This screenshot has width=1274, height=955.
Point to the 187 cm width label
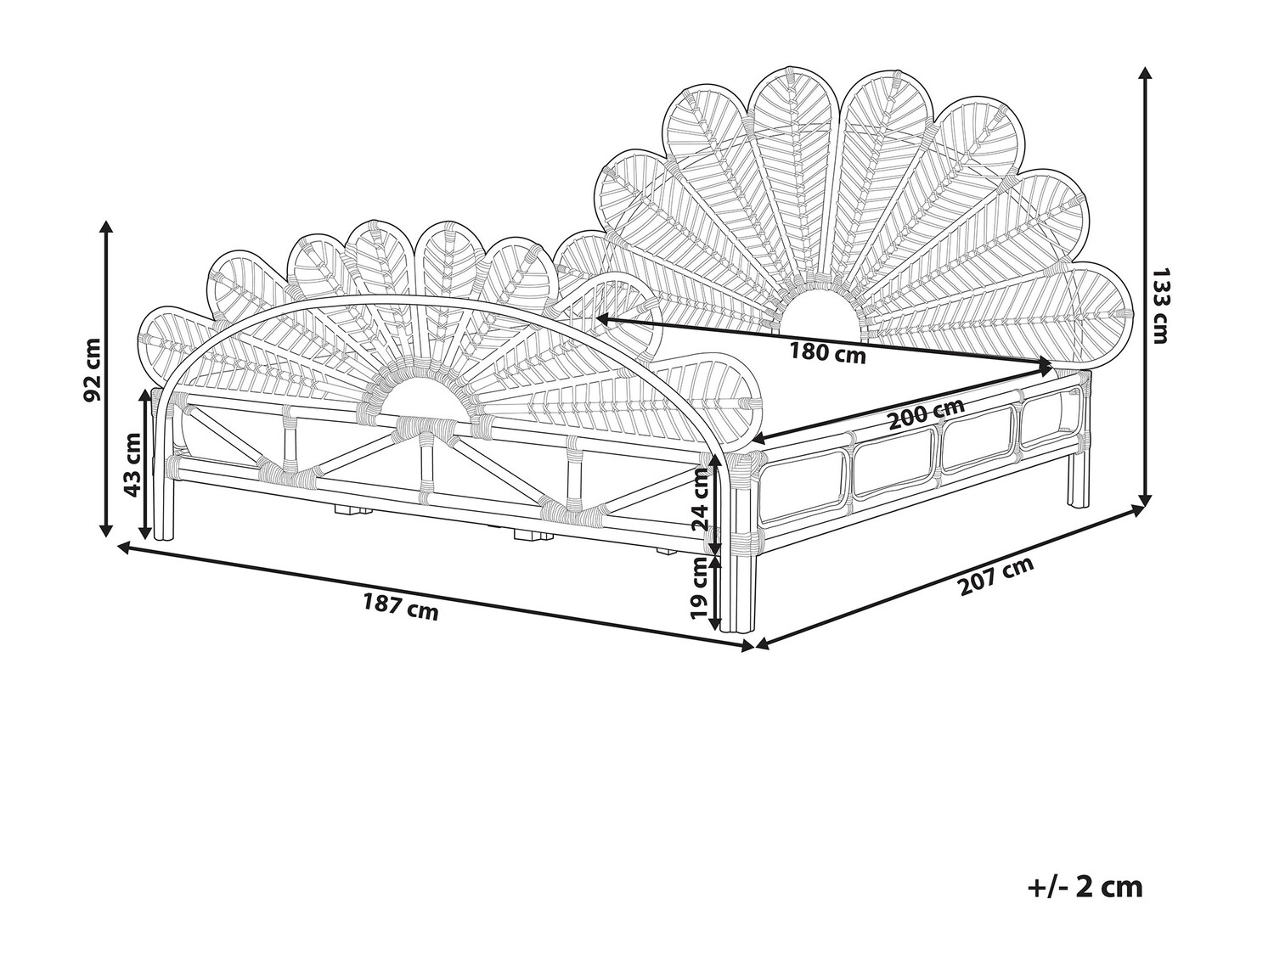401,608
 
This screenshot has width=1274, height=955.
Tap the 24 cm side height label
701,501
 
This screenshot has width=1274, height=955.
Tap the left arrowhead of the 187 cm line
122,548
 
